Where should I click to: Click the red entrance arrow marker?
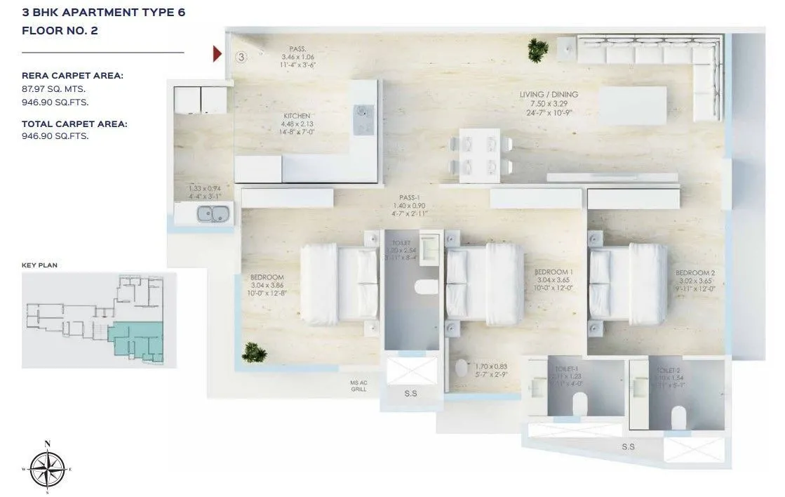point(218,53)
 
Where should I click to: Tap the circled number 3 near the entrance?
point(241,57)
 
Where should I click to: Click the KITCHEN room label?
point(297,116)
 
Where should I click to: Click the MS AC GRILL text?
point(359,386)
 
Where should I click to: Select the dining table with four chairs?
point(479,155)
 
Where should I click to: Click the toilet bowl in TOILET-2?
point(678,418)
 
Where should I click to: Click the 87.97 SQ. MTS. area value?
point(55,89)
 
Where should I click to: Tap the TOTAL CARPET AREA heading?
point(74,124)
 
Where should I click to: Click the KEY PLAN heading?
point(39,265)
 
